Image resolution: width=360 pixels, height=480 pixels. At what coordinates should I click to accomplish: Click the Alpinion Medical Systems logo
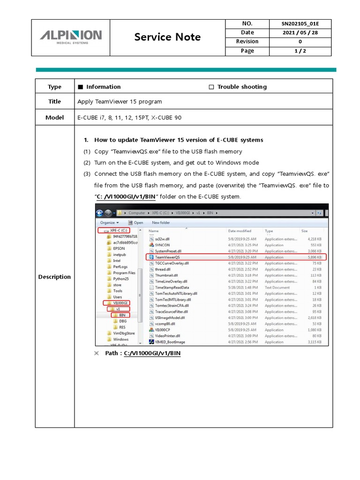70,37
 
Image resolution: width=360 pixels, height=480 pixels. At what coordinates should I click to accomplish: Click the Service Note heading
167,37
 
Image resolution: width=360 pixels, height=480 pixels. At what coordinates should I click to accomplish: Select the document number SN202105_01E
300,23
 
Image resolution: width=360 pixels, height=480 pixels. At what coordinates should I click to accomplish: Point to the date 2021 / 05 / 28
300,32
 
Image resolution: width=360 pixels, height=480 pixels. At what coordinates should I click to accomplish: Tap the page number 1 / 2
300,51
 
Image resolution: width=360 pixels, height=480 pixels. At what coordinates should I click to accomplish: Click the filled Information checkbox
80,87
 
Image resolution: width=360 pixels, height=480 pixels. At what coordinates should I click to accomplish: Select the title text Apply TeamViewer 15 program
120,102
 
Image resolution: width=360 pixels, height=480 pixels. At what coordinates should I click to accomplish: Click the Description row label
54,277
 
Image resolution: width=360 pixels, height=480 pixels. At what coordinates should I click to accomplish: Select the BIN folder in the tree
122,315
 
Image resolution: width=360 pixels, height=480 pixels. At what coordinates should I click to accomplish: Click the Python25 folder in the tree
121,279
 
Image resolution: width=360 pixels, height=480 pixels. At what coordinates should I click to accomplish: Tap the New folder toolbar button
161,223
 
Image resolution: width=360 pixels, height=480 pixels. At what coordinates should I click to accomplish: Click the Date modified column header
240,231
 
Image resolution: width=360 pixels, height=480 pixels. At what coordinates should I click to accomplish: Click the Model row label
54,117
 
